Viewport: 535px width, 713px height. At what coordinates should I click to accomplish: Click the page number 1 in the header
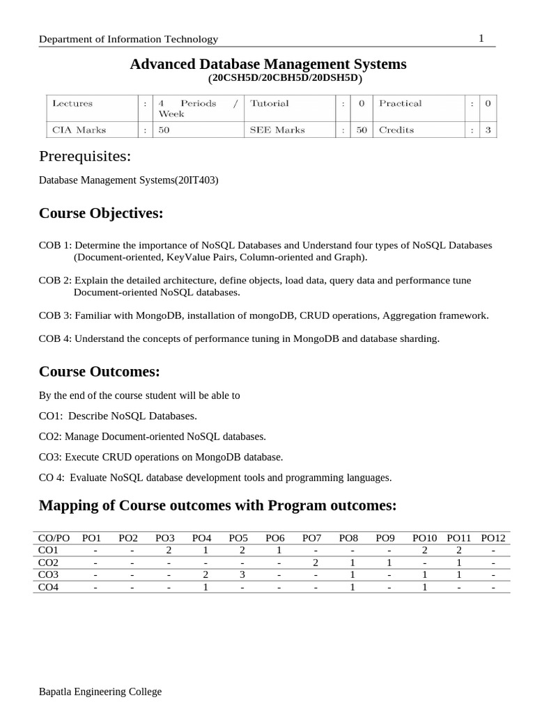(481, 38)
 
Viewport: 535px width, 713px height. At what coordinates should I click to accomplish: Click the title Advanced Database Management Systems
(268, 64)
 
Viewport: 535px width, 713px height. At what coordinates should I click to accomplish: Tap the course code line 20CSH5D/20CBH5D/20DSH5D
(286, 78)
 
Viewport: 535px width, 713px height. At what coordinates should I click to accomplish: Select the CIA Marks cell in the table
(79, 130)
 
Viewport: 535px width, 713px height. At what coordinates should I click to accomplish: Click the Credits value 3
(488, 130)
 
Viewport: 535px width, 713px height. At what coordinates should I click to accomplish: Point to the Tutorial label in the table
(270, 103)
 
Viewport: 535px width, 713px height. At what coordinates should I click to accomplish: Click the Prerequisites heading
(84, 156)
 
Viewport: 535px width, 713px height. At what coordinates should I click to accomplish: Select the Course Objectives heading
(101, 214)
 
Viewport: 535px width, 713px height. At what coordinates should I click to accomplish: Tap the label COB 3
(55, 315)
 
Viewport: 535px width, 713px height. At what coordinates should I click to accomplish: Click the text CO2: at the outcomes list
(51, 437)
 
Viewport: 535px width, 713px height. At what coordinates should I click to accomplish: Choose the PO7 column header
(311, 538)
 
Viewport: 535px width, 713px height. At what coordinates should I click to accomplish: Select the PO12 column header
(493, 538)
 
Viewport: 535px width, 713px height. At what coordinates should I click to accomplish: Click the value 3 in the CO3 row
(242, 574)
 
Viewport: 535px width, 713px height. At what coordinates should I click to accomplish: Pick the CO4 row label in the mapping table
(48, 587)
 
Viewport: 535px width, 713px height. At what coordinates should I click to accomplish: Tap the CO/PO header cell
(54, 538)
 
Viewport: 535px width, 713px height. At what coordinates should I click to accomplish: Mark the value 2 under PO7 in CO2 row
(315, 563)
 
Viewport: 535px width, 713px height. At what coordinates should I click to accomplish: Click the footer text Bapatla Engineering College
(100, 691)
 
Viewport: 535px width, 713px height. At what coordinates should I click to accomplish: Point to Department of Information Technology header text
(128, 39)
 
